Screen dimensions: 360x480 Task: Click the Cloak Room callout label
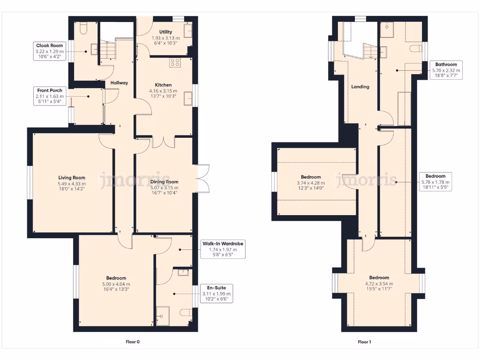49,51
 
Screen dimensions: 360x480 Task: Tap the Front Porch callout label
50,96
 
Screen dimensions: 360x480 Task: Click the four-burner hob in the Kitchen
175,62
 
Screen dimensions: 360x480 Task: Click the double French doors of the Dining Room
202,179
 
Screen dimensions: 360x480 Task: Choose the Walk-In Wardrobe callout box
223,249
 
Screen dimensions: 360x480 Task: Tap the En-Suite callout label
216,293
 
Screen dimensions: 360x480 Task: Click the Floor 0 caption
133,342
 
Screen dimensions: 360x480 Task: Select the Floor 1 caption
364,342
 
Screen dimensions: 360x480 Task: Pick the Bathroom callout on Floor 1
446,70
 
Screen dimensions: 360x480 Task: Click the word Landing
360,87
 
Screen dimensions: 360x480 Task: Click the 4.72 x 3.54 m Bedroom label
379,280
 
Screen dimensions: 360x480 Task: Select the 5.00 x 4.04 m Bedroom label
115,284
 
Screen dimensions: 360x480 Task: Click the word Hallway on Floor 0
119,83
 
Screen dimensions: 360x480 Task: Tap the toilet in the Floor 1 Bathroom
415,48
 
